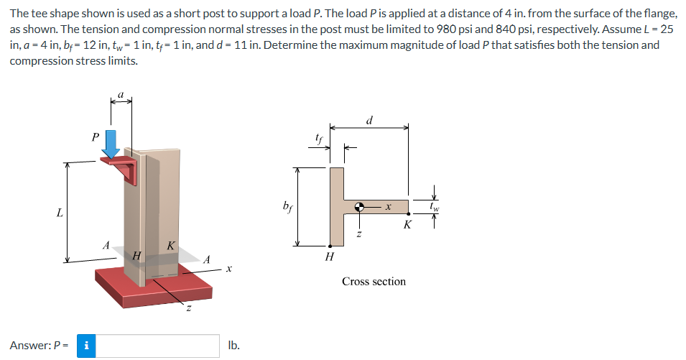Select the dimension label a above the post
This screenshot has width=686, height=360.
tap(121, 93)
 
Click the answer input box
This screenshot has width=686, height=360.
tap(158, 346)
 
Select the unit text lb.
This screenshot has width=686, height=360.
tap(233, 346)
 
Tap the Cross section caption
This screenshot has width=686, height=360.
tap(374, 281)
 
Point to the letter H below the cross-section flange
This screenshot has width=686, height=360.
tap(329, 256)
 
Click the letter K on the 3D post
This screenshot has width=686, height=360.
tap(170, 246)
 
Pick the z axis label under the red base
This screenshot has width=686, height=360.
tap(189, 309)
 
